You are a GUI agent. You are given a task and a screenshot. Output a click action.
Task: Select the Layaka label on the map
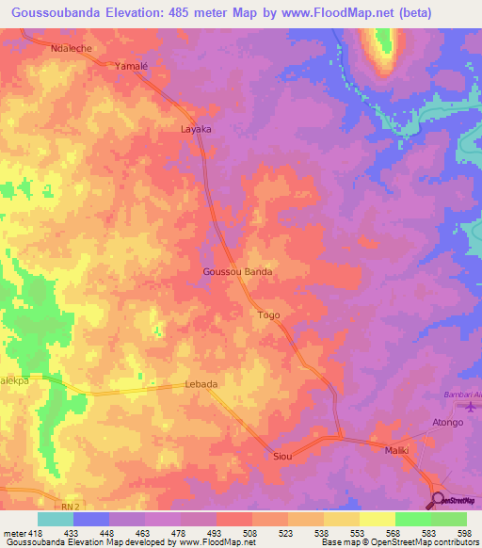pyautogui.click(x=196, y=128)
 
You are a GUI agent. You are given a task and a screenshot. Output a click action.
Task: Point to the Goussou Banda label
pyautogui.click(x=237, y=271)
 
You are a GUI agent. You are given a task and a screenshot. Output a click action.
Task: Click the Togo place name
pyautogui.click(x=268, y=315)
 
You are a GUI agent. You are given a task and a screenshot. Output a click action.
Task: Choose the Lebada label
pyautogui.click(x=201, y=384)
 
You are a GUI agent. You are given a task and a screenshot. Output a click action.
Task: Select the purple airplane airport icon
pyautogui.click(x=471, y=407)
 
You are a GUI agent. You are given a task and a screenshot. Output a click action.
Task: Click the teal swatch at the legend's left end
pyautogui.click(x=56, y=519)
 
